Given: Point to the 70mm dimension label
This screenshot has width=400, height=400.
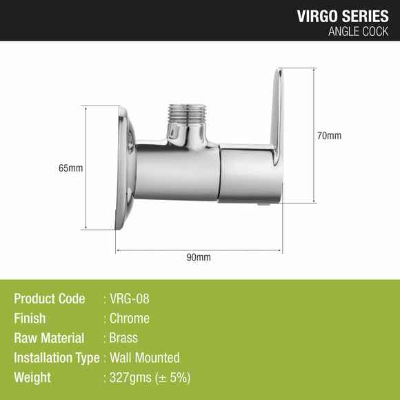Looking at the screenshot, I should [x=329, y=136].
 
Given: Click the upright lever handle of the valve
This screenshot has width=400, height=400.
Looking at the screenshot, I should [x=277, y=110].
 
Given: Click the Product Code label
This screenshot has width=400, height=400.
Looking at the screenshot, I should [x=50, y=299].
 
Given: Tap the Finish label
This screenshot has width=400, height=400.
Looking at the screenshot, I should [x=30, y=319].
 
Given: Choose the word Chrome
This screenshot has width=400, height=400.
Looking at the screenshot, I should [x=130, y=319].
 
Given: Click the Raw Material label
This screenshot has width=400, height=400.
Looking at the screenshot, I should [x=49, y=338].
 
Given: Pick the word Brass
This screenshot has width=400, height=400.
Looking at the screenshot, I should [x=124, y=338].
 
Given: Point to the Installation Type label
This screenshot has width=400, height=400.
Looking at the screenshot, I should [x=57, y=358].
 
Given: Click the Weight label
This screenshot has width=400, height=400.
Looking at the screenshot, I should [x=32, y=378].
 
